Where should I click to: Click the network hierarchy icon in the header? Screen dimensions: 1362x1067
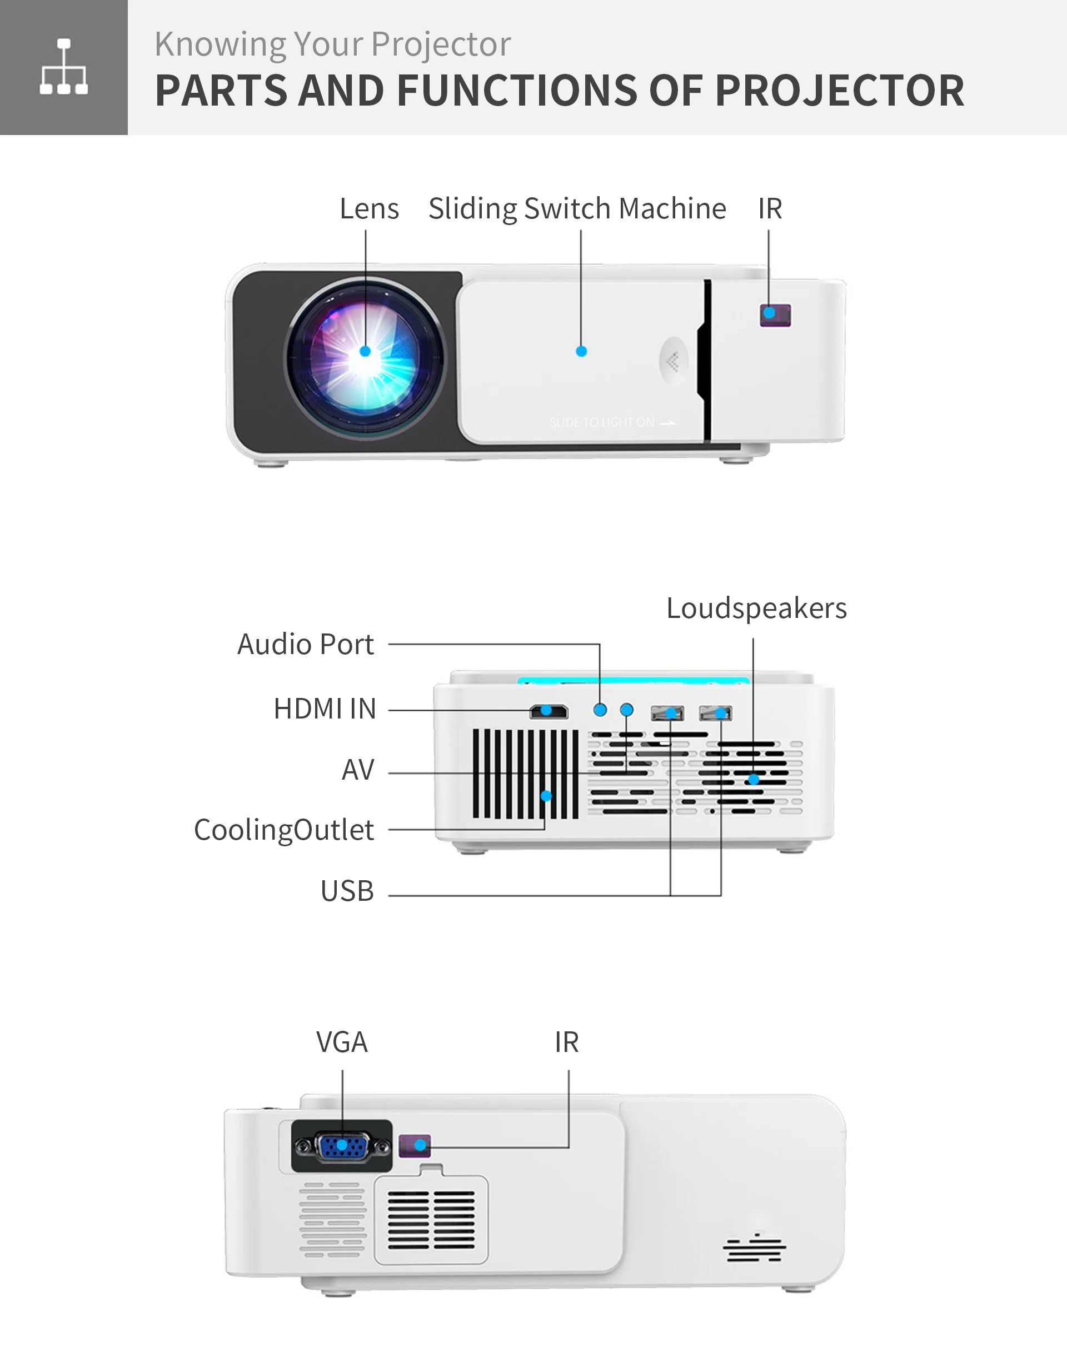tap(64, 67)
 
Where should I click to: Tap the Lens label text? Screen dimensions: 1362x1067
tap(368, 208)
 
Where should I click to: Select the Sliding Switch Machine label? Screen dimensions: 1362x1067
tap(577, 208)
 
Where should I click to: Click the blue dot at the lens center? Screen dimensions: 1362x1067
tap(366, 352)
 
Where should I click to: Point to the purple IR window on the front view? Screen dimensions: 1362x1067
tap(775, 316)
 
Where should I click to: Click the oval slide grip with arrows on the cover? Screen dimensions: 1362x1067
tap(673, 361)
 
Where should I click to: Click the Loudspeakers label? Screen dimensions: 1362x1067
tap(756, 608)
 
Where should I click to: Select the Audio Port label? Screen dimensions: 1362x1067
tap(306, 645)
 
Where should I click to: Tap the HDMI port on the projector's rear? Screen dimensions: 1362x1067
tap(549, 711)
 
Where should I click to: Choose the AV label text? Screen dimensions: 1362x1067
tap(358, 770)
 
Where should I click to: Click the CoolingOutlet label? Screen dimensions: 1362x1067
tap(283, 830)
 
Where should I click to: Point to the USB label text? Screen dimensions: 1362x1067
tap(347, 891)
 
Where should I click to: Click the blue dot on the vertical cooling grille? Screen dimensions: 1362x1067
tap(546, 796)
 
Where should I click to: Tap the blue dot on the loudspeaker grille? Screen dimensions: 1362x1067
tap(754, 779)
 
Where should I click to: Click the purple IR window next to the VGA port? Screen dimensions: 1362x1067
tap(415, 1145)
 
